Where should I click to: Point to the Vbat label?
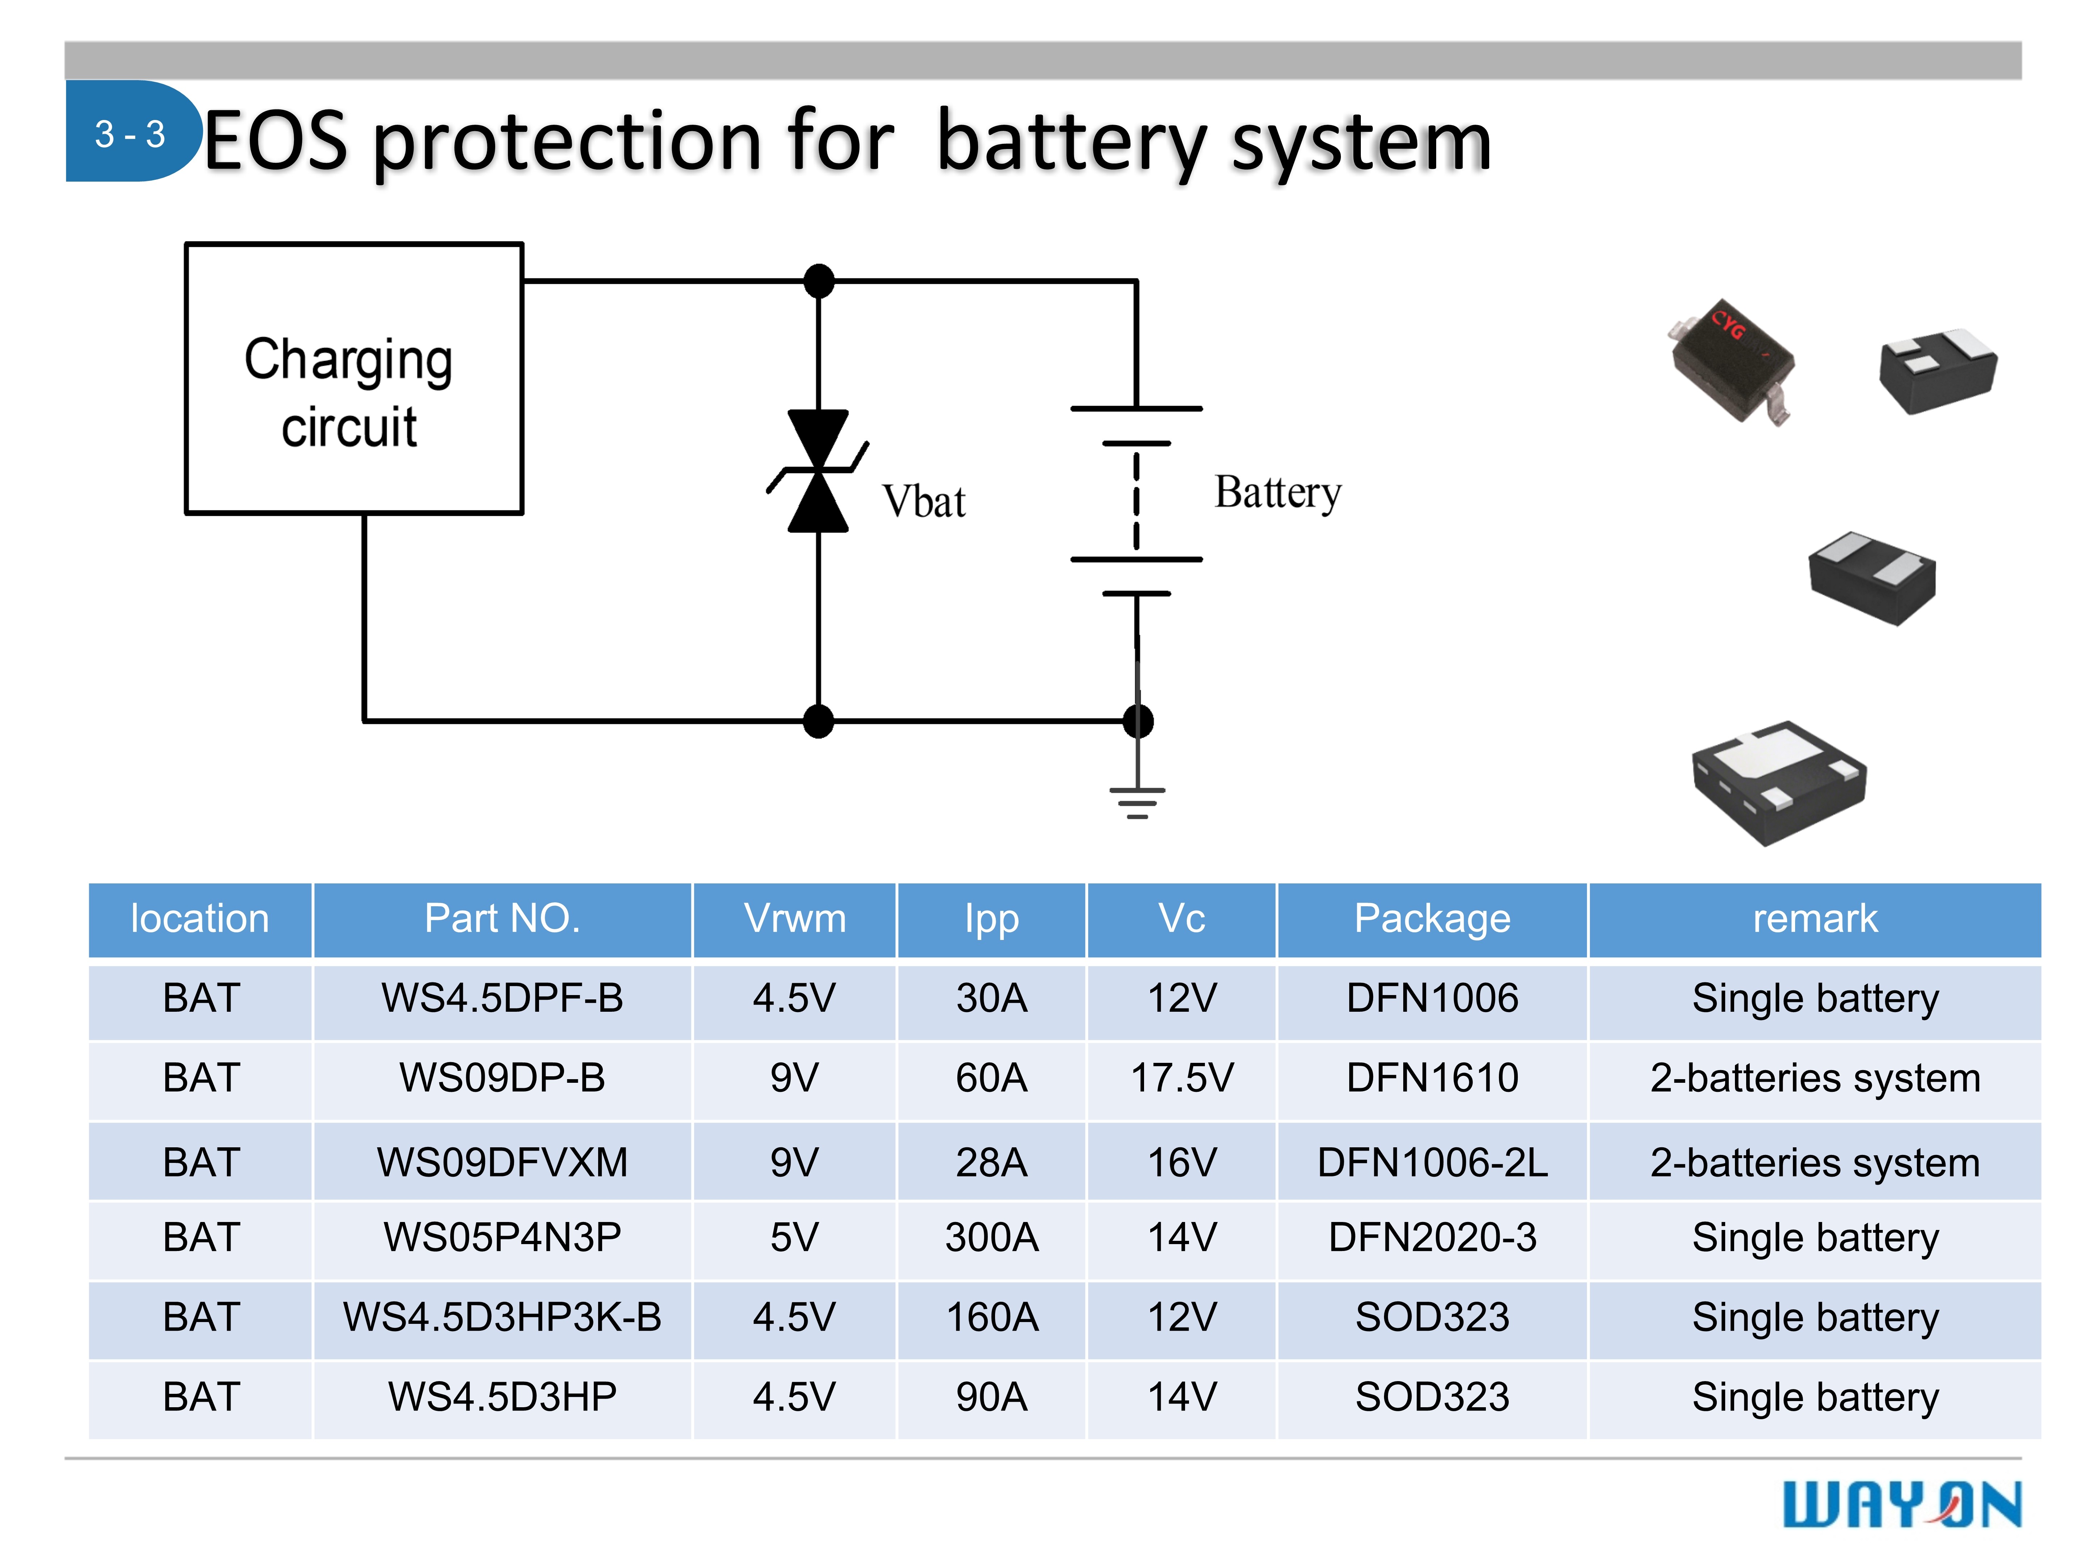point(923,501)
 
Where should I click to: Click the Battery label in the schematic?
point(1277,493)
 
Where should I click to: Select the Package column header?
point(1432,919)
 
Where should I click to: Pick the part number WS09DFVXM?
point(502,1162)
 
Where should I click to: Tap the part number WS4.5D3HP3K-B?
point(502,1317)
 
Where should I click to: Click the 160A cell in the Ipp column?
point(991,1317)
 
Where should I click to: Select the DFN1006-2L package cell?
point(1432,1162)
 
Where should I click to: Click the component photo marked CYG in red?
point(1732,359)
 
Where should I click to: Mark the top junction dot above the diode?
point(819,280)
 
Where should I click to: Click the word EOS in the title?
point(275,142)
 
